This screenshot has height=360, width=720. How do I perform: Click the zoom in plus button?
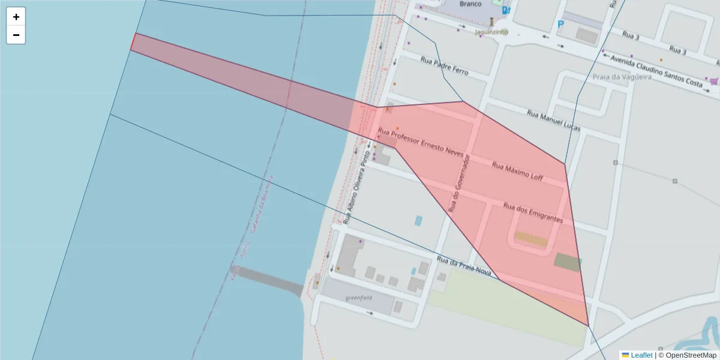tap(16, 17)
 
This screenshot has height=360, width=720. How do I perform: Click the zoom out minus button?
tap(16, 35)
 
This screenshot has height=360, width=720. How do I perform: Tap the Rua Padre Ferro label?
tap(444, 65)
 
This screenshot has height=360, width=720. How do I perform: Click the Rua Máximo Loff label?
tap(517, 171)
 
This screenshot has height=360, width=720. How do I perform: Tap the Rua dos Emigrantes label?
tap(533, 213)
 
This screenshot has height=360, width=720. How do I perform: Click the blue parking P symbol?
tap(561, 25)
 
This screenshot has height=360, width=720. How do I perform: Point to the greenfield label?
tap(359, 298)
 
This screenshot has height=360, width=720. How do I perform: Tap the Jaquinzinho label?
tap(491, 32)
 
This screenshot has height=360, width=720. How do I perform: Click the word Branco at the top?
tap(470, 4)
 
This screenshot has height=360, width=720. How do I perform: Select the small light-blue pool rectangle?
tap(418, 220)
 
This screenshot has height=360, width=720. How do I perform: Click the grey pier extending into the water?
tap(267, 280)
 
